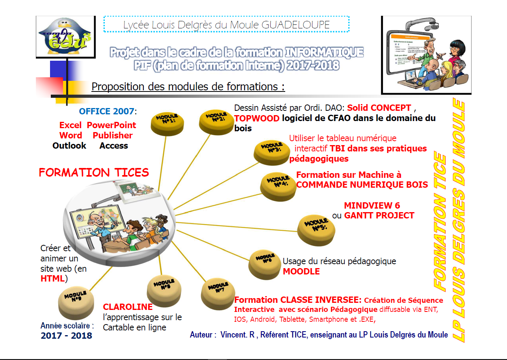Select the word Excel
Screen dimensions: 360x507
click(71, 125)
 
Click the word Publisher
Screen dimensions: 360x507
click(113, 136)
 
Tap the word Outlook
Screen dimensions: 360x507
click(69, 146)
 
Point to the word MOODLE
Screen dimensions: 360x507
click(301, 271)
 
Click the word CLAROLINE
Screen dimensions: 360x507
click(128, 307)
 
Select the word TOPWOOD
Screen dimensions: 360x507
click(257, 118)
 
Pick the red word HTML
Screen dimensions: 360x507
click(52, 279)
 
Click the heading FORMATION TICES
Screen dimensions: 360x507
click(94, 173)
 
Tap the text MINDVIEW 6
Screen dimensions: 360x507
click(372, 205)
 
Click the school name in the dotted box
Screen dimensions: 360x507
click(227, 24)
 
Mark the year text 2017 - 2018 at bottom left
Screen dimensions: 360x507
click(67, 336)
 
